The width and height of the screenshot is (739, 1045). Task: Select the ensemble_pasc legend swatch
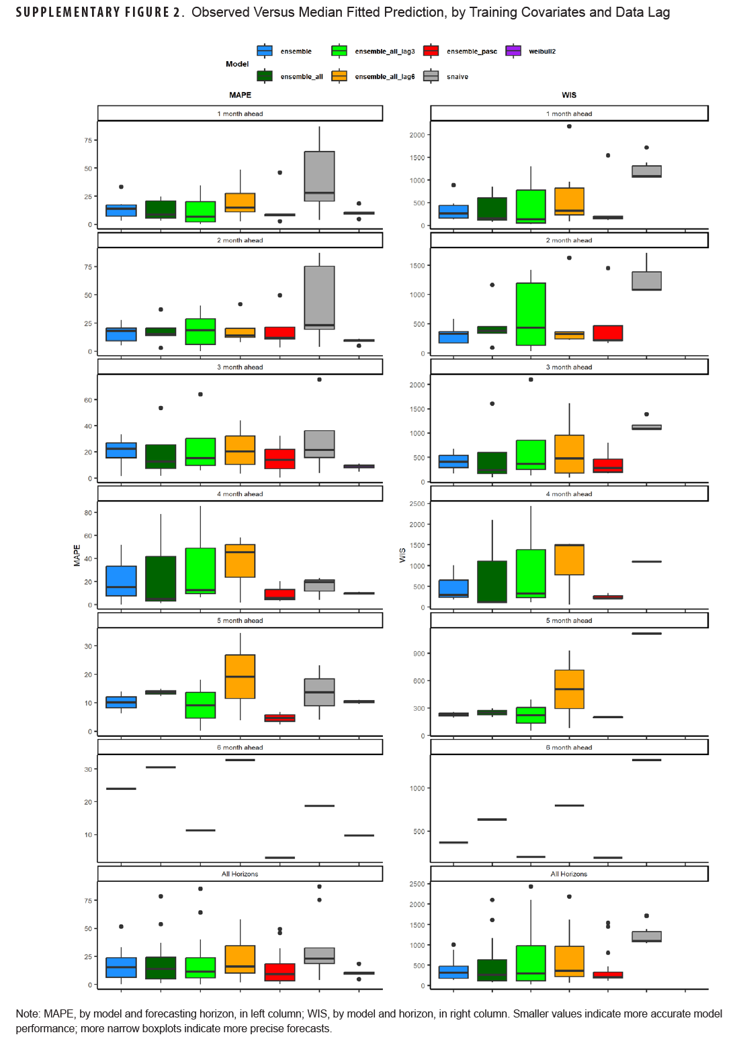pyautogui.click(x=431, y=51)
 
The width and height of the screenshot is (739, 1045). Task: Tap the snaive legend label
pyautogui.click(x=457, y=77)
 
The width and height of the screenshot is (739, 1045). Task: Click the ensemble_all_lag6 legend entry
pyautogui.click(x=384, y=77)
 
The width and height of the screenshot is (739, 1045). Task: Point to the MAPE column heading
pyautogui.click(x=240, y=95)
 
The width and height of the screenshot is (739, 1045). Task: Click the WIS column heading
pyautogui.click(x=569, y=95)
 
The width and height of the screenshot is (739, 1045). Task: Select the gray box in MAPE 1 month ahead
pyautogui.click(x=319, y=176)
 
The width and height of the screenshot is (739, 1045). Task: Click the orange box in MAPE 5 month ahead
pyautogui.click(x=240, y=677)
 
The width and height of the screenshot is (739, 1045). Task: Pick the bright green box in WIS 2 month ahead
pyautogui.click(x=531, y=314)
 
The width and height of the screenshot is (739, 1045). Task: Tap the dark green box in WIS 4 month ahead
pyautogui.click(x=492, y=582)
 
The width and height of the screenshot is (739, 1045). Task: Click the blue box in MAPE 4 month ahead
pyautogui.click(x=121, y=581)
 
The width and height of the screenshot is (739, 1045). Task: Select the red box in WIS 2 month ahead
pyautogui.click(x=608, y=333)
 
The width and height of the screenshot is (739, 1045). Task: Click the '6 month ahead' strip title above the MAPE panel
pyautogui.click(x=240, y=747)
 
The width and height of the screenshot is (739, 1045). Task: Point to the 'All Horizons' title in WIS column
pyautogui.click(x=569, y=874)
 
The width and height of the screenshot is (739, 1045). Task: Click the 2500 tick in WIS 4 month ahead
pyautogui.click(x=417, y=503)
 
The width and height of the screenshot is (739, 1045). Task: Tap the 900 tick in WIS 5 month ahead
pyautogui.click(x=419, y=654)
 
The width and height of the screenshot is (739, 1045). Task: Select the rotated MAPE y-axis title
pyautogui.click(x=77, y=555)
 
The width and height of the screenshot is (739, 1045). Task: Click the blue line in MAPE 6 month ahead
pyautogui.click(x=121, y=789)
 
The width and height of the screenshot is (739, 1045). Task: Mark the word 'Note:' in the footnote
pyautogui.click(x=28, y=1013)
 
